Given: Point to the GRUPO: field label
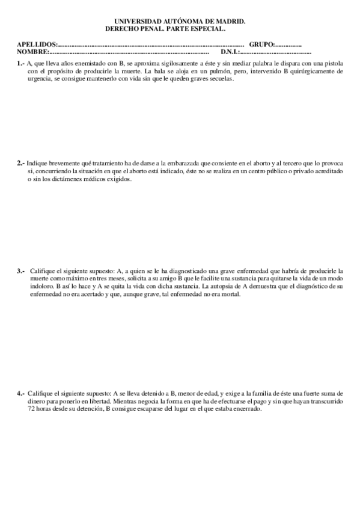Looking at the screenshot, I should pyautogui.click(x=261, y=45).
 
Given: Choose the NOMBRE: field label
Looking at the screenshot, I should pyautogui.click(x=32, y=52).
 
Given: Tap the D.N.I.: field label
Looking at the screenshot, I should pyautogui.click(x=230, y=52).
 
